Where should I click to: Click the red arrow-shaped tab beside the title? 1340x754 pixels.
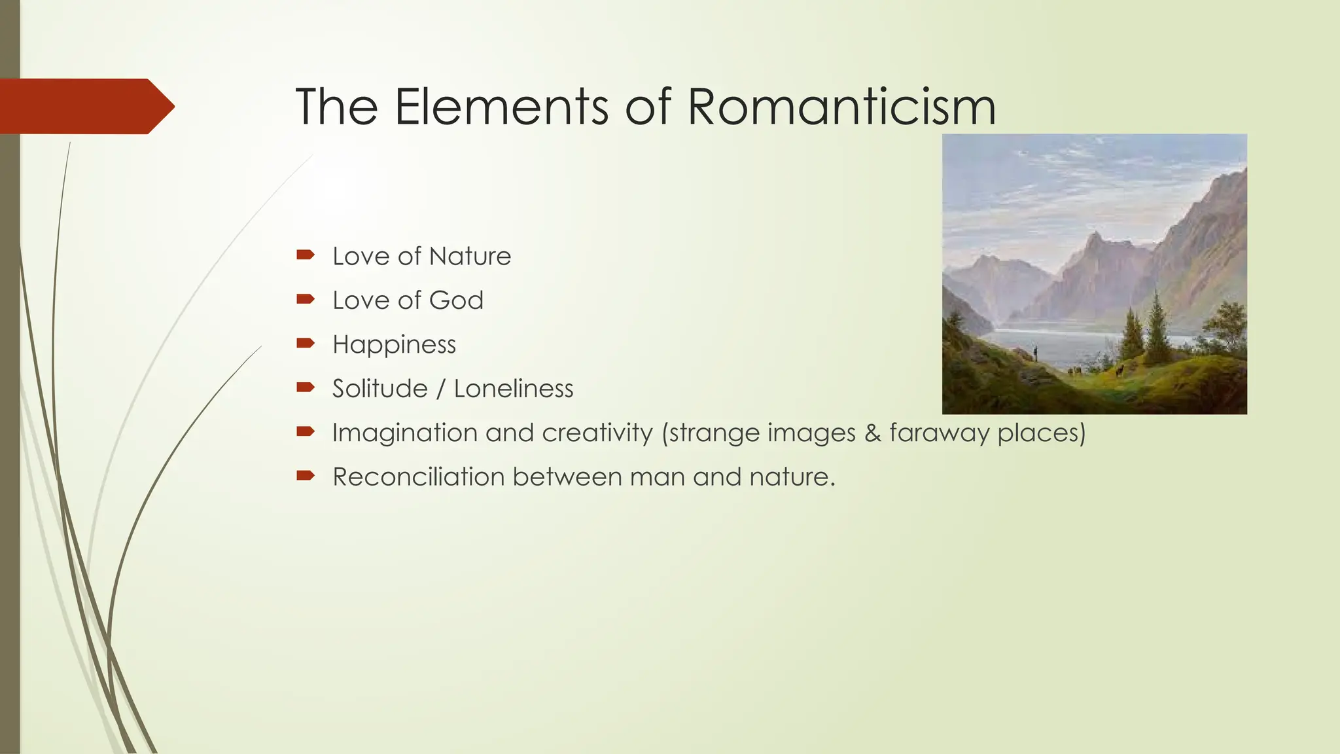[85, 106]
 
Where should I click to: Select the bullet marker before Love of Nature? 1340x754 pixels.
[306, 255]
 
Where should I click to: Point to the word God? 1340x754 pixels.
[456, 300]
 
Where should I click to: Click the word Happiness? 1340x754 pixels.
[394, 345]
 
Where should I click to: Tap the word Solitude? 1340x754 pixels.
[379, 389]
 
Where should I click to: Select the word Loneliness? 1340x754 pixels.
[513, 389]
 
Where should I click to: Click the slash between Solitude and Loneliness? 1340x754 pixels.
[440, 389]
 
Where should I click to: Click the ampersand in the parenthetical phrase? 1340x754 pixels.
[872, 433]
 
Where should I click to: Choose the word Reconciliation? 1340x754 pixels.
[418, 477]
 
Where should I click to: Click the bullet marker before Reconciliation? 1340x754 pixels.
[306, 475]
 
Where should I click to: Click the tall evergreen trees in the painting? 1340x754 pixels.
[1157, 327]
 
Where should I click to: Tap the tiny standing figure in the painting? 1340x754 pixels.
[1036, 353]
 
